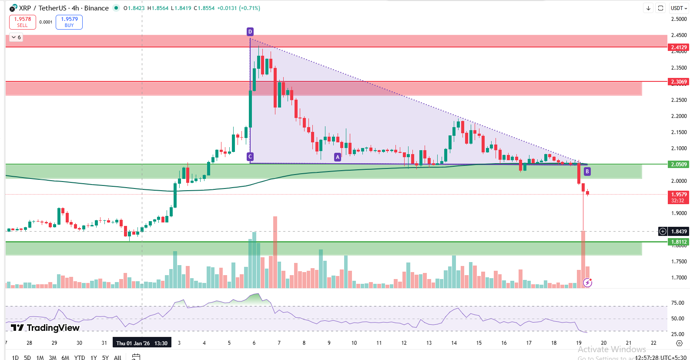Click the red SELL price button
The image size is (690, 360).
click(x=23, y=22)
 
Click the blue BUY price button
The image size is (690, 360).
click(x=69, y=22)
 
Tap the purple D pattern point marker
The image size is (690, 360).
click(x=250, y=32)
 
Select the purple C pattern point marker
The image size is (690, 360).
click(x=250, y=157)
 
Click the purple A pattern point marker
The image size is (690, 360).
click(x=338, y=157)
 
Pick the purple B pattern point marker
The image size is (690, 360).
click(x=587, y=172)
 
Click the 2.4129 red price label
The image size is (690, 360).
click(x=679, y=47)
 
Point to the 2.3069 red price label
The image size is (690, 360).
click(x=679, y=82)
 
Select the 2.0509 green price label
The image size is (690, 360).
click(x=679, y=165)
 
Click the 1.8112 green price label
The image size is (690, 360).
click(x=679, y=242)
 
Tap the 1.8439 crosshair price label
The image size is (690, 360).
click(x=679, y=232)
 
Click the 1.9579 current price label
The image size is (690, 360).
click(x=679, y=195)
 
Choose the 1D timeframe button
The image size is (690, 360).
click(x=15, y=357)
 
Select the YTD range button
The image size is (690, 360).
click(x=80, y=357)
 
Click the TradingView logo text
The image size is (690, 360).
click(x=45, y=328)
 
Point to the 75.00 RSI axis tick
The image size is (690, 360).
click(x=678, y=303)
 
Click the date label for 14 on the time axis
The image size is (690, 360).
click(x=454, y=343)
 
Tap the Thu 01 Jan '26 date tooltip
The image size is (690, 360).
click(x=142, y=343)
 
